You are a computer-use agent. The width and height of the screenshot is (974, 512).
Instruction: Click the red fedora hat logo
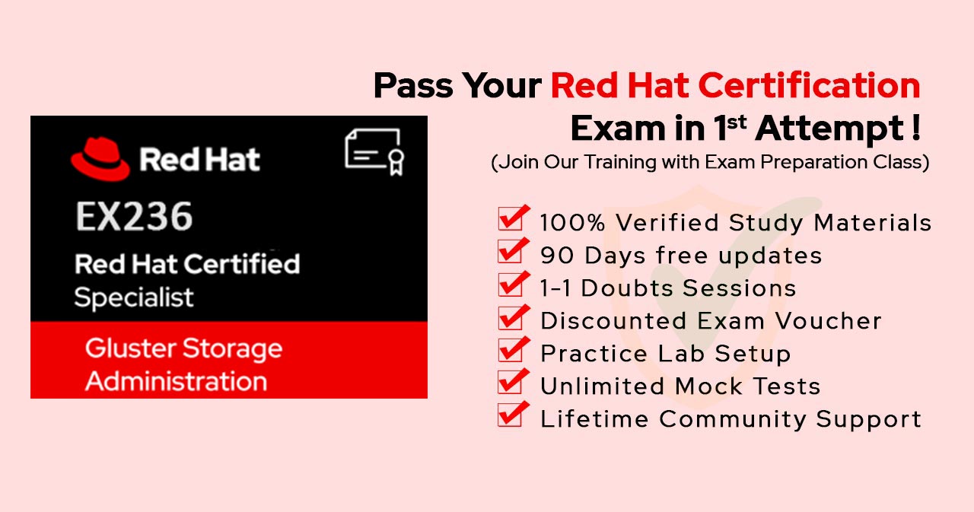tap(100, 159)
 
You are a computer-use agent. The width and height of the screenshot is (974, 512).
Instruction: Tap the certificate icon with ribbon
tap(375, 151)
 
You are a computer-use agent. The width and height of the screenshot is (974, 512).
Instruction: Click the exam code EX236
tap(134, 217)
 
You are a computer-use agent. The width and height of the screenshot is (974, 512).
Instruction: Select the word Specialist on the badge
tap(134, 298)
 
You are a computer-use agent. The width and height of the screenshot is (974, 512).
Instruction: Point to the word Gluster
tap(129, 348)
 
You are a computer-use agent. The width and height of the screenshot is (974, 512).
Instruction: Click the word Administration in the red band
tap(176, 381)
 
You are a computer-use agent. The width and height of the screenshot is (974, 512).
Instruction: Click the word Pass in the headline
tap(413, 86)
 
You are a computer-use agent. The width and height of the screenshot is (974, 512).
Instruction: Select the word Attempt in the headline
tap(829, 129)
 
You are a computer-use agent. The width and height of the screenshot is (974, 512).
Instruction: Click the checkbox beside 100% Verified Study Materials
tap(514, 218)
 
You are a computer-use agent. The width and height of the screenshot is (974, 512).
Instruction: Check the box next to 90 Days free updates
tap(514, 251)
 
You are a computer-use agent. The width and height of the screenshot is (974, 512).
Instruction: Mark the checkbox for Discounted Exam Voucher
tap(514, 316)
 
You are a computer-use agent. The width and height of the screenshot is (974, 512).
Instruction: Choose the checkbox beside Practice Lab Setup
tap(514, 349)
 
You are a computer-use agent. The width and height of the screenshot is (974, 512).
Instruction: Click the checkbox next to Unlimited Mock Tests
tap(514, 382)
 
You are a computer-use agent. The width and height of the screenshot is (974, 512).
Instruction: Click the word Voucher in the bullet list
tap(829, 321)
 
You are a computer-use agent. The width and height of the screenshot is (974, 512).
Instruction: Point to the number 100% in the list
tap(572, 223)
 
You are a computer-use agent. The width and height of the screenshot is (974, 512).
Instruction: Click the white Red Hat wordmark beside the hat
tap(199, 159)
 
